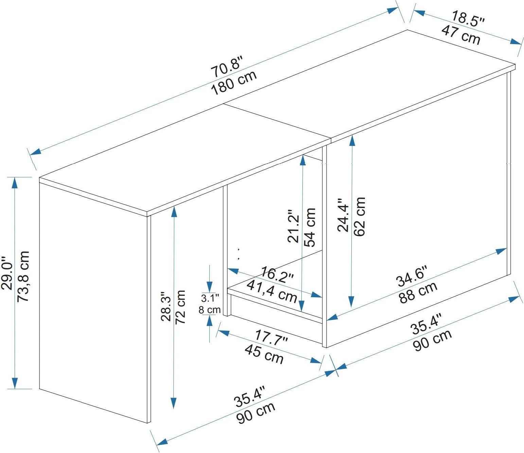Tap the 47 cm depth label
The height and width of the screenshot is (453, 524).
click(x=460, y=35)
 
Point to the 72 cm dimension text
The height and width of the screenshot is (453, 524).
click(x=180, y=307)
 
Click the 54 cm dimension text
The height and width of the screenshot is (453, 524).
click(x=310, y=227)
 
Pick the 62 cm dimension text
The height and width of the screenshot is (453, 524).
click(x=359, y=216)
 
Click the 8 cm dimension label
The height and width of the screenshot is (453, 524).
click(x=209, y=310)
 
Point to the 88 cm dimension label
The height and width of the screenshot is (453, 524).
click(x=418, y=292)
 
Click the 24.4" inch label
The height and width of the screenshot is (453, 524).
click(x=343, y=215)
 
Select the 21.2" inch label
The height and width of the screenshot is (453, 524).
click(x=294, y=226)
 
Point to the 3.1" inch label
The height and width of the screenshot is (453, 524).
click(x=210, y=298)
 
